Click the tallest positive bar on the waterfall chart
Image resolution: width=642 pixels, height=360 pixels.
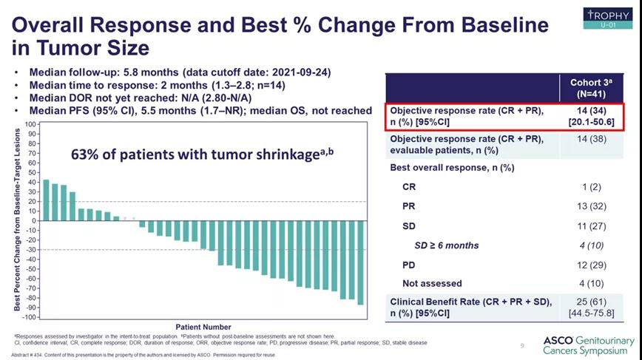(x=46, y=200)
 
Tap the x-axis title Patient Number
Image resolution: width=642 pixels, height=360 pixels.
(x=203, y=327)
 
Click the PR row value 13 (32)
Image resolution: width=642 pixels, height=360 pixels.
(x=591, y=206)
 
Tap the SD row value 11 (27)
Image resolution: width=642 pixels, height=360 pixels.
(x=591, y=225)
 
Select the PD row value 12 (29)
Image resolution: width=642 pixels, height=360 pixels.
(x=591, y=264)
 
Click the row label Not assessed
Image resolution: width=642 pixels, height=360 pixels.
(x=432, y=283)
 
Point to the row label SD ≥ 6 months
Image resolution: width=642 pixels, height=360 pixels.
(x=446, y=245)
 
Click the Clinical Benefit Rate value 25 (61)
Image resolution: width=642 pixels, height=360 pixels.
(x=591, y=302)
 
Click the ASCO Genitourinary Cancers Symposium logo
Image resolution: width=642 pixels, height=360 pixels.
(x=589, y=345)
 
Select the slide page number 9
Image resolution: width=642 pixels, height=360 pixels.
(x=521, y=345)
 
